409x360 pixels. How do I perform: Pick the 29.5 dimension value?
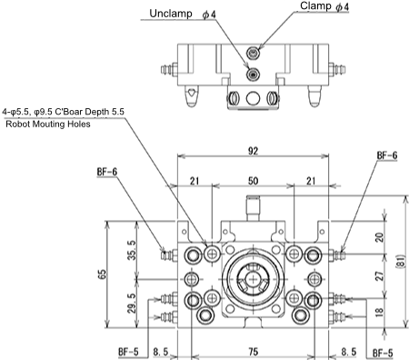pos(132,302)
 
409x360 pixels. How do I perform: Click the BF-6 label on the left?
pos(106,171)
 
